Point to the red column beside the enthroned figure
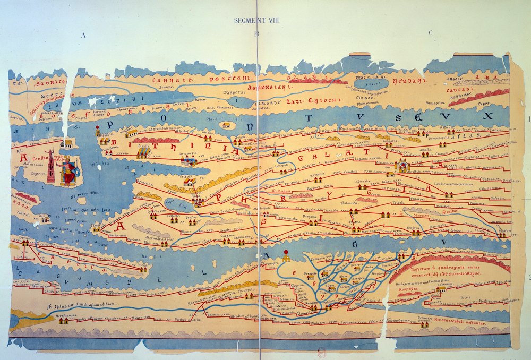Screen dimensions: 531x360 tap(51, 166)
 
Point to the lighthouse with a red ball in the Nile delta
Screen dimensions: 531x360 tap(286, 256)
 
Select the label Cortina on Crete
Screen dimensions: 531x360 tap(22, 239)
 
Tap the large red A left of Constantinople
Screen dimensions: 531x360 tap(23, 158)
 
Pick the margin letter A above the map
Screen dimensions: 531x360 tap(83, 36)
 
